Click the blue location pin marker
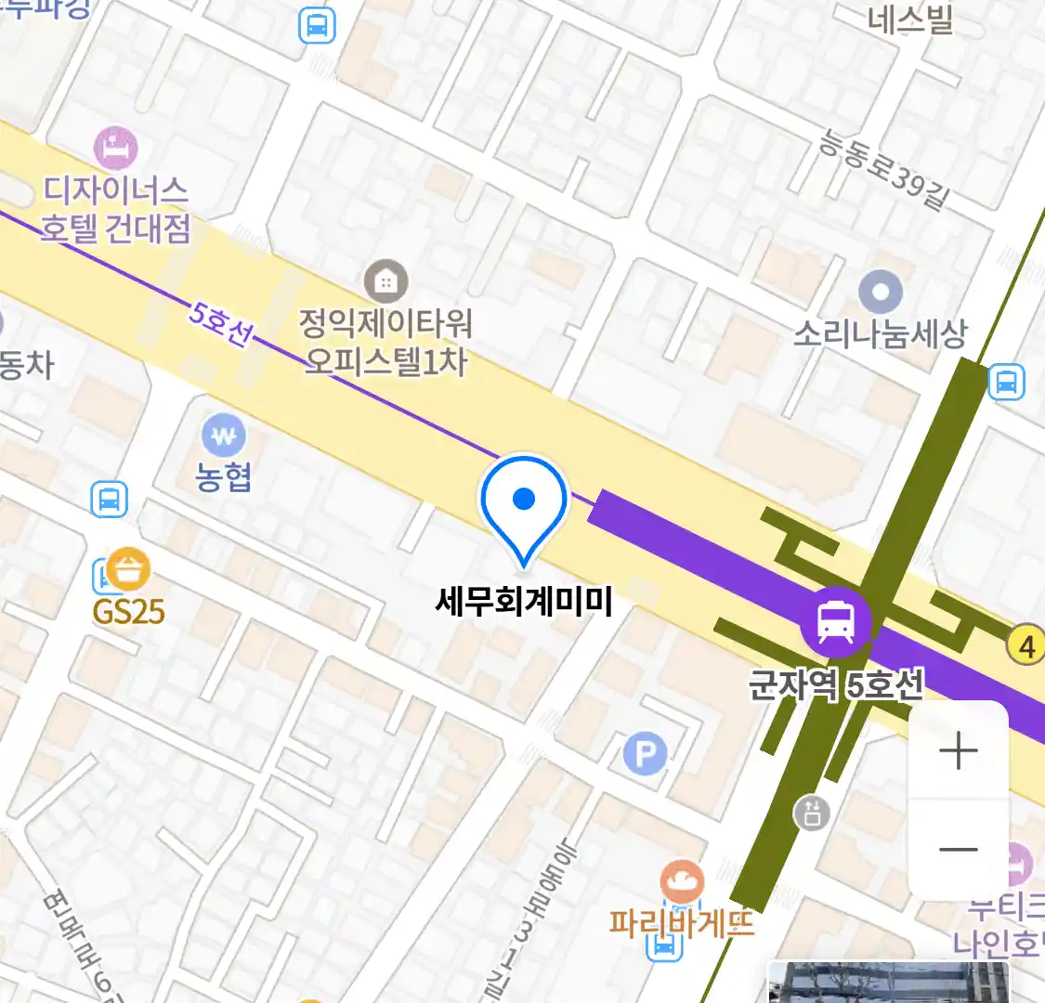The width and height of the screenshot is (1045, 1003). [x=524, y=501]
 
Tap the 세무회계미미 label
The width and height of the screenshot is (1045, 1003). [x=524, y=601]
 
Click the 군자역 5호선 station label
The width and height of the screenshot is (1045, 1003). [x=836, y=685]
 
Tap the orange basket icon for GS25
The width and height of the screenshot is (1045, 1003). [x=128, y=569]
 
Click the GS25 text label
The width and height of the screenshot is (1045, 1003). [x=128, y=611]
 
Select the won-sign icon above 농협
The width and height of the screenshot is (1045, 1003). [x=223, y=434]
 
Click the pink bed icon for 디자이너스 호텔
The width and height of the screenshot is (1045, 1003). [x=116, y=149]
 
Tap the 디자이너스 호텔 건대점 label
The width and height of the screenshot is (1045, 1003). [x=115, y=209]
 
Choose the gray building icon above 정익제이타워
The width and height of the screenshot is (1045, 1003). [x=385, y=280]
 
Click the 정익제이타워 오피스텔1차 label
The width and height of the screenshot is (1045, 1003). [x=385, y=342]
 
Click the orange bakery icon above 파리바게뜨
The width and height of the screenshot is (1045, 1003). [x=682, y=880]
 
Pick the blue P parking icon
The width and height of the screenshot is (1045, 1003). [x=646, y=754]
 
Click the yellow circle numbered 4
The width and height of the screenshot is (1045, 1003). [x=1026, y=645]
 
